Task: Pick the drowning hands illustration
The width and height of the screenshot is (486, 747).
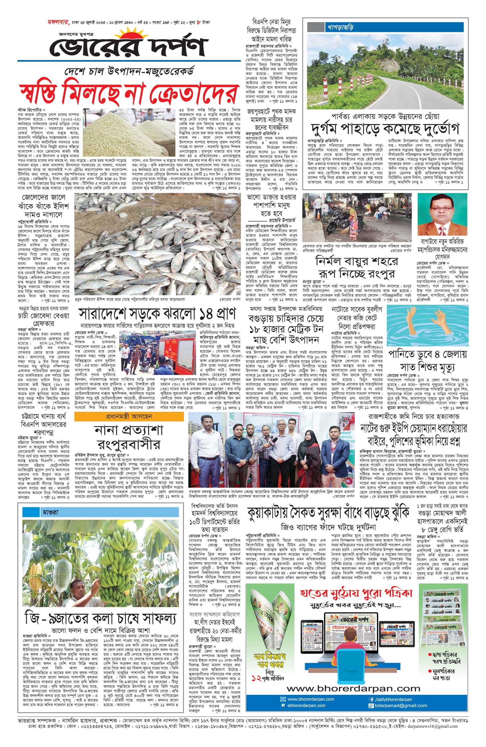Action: [428, 326]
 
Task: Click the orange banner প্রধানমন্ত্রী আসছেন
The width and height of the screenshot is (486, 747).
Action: [129, 416]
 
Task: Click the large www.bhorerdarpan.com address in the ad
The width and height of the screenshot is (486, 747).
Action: [353, 688]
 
